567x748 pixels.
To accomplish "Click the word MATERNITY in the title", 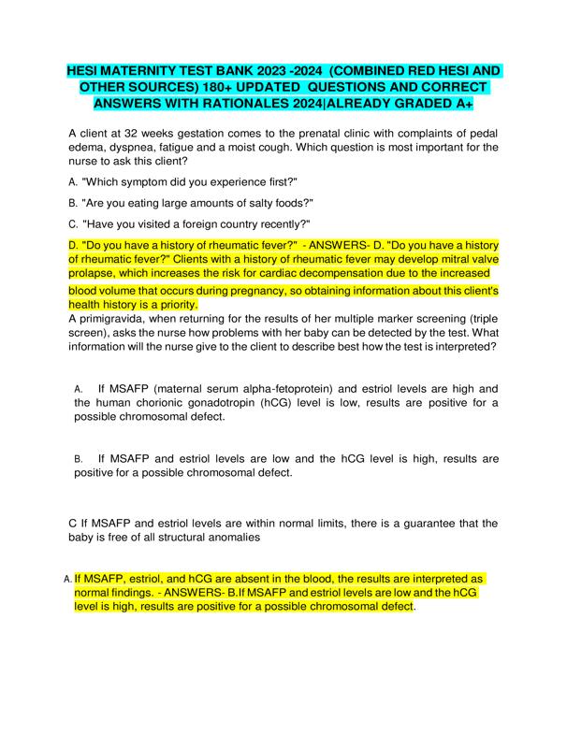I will click(x=153, y=71).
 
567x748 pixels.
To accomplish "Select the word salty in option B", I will click(x=264, y=202).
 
